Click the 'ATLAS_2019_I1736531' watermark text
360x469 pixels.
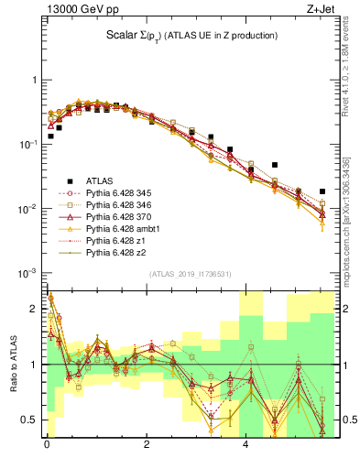(191, 274)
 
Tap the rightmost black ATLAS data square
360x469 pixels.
(322, 191)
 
